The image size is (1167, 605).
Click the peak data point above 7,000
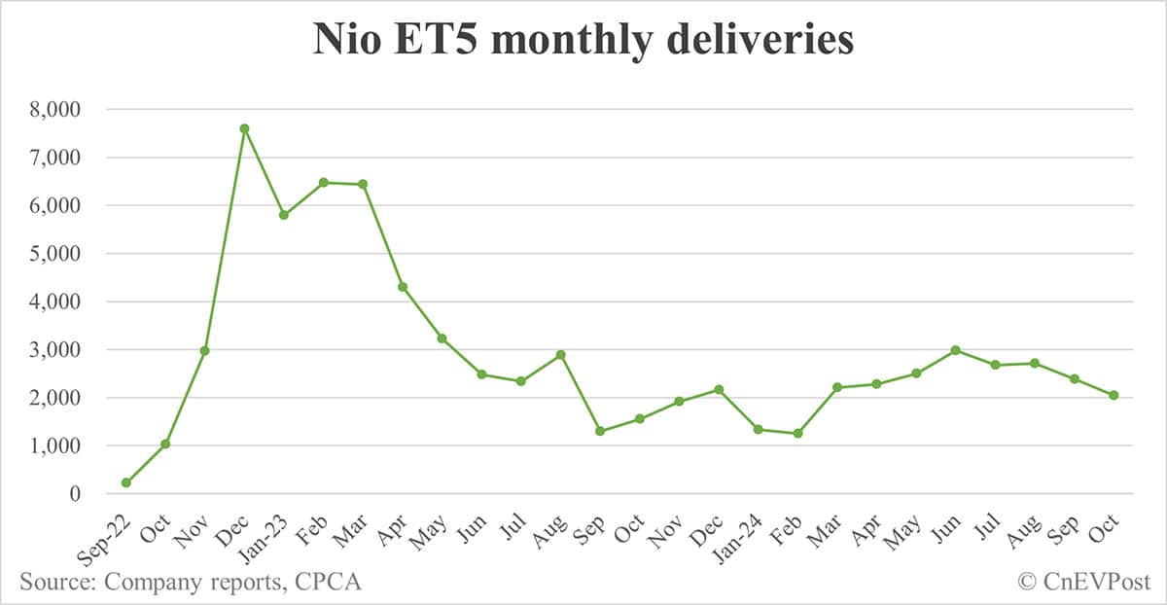[244, 128]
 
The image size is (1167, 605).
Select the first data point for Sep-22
[126, 482]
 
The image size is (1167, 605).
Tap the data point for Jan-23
[284, 215]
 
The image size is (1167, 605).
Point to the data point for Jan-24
[759, 429]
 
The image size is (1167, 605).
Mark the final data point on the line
[1114, 395]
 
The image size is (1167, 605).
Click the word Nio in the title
[345, 41]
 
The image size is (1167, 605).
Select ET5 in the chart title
[439, 41]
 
